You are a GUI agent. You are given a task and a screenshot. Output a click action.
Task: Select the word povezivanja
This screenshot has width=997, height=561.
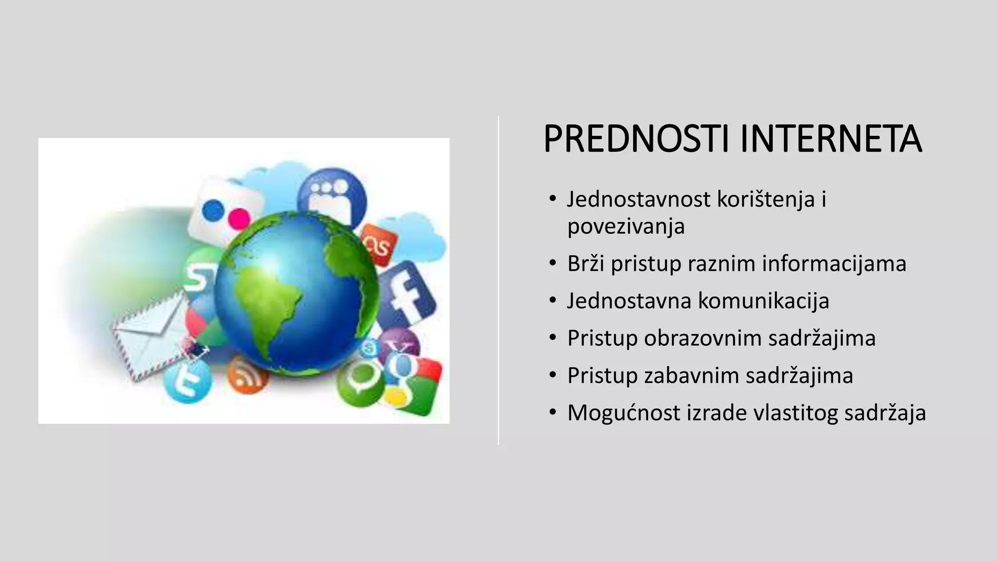pyautogui.click(x=626, y=226)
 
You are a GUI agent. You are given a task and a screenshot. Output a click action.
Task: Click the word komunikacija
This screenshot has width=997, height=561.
pyautogui.click(x=763, y=300)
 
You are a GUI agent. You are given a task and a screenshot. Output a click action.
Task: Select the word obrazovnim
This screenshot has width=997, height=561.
pyautogui.click(x=702, y=338)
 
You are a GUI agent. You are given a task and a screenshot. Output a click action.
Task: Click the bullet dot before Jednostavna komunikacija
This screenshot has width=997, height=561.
pyautogui.click(x=552, y=300)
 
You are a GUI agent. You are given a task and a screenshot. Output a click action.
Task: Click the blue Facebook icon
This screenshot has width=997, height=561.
pyautogui.click(x=408, y=295)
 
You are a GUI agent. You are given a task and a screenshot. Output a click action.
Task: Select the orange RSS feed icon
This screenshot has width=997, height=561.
pyautogui.click(x=247, y=375)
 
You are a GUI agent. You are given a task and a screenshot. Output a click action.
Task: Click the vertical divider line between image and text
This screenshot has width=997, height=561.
pyautogui.click(x=498, y=280)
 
